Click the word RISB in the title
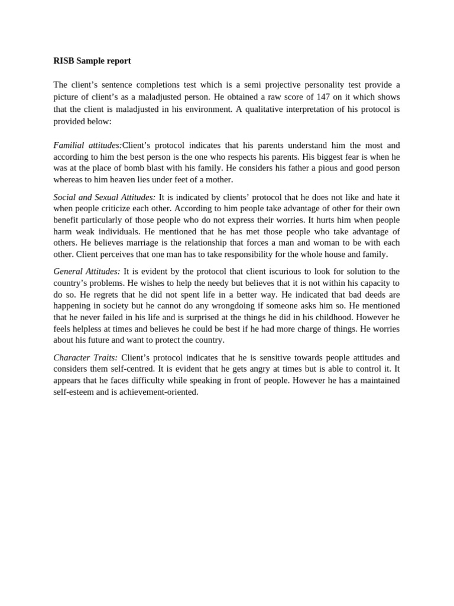coord(63,61)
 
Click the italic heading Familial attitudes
coord(87,145)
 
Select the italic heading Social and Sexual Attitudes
coord(105,197)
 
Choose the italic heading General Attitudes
coord(86,272)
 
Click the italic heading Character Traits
coord(85,357)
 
